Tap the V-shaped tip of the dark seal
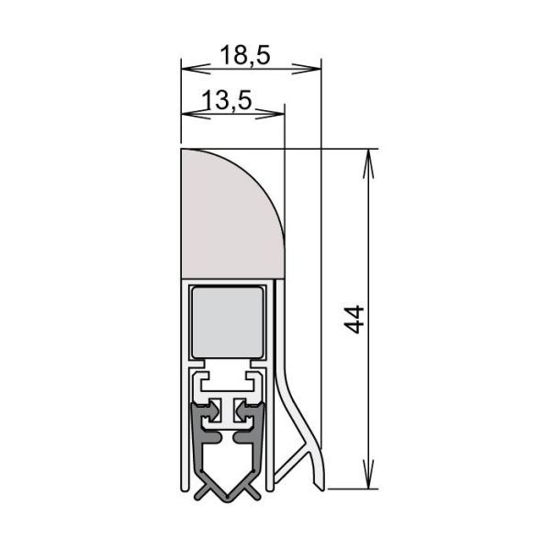pos(226,493)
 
